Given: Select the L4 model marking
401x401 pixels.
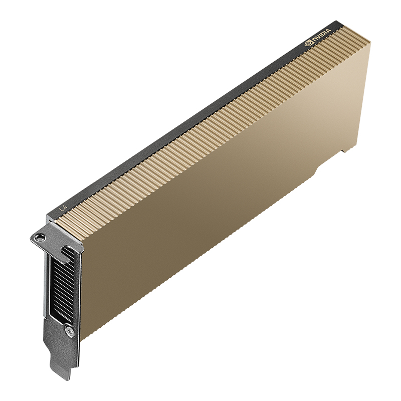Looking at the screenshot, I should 63,207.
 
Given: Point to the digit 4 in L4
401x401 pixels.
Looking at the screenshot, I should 65,206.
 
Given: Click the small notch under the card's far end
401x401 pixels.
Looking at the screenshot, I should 346,150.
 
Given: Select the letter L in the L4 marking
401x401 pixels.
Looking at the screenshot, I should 61,208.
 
